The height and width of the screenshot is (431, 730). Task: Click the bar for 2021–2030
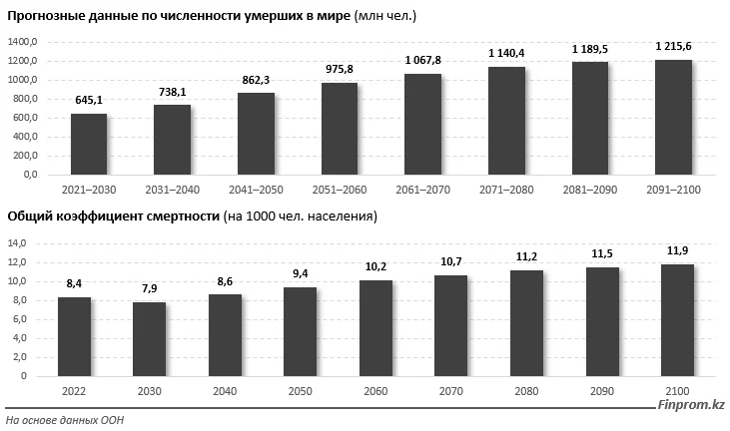[x=89, y=145]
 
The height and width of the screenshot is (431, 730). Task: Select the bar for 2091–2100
[x=673, y=118]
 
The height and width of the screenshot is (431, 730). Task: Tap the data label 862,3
[x=256, y=80]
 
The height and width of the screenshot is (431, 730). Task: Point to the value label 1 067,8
[x=422, y=60]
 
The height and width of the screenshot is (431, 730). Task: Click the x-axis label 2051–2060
[x=339, y=190]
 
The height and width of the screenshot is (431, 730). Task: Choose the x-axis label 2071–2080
[x=505, y=190]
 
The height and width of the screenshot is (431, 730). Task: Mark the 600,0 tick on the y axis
[x=24, y=118]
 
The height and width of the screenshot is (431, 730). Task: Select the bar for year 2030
[x=150, y=339]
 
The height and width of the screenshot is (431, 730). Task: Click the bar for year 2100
[x=676, y=320]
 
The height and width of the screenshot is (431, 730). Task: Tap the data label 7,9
[x=150, y=288]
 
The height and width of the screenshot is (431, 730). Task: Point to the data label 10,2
[x=375, y=266]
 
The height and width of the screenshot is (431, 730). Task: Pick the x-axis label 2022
[x=74, y=391]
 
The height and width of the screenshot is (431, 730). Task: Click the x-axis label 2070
[x=450, y=391]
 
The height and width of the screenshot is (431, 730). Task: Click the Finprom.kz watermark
[x=690, y=404]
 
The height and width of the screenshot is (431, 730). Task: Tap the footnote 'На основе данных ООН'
[x=65, y=420]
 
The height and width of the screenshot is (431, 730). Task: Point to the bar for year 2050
[x=301, y=332]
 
